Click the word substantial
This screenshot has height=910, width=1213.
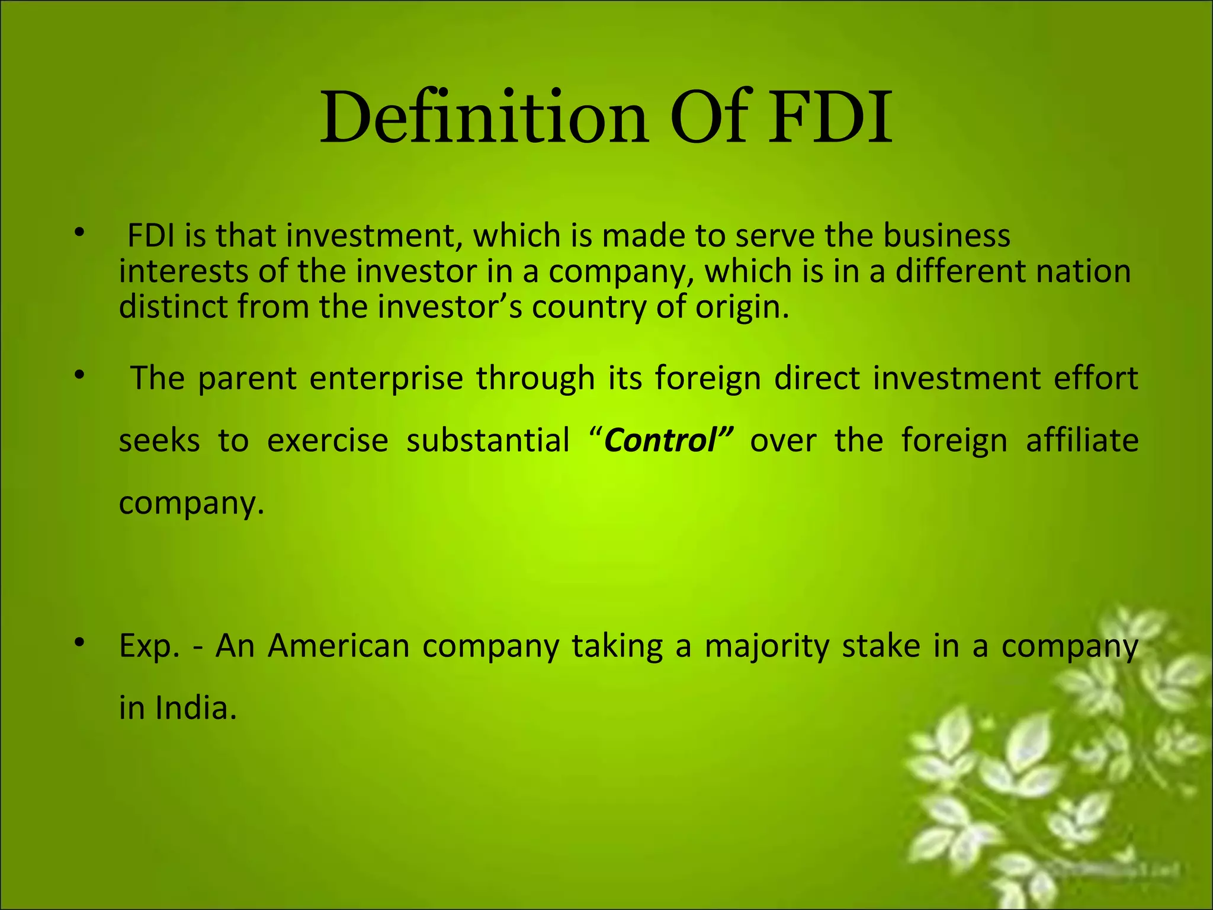(487, 441)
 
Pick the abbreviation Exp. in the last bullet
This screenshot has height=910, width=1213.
(149, 647)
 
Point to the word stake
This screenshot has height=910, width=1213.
(881, 646)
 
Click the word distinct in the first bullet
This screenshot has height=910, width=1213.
(172, 307)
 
